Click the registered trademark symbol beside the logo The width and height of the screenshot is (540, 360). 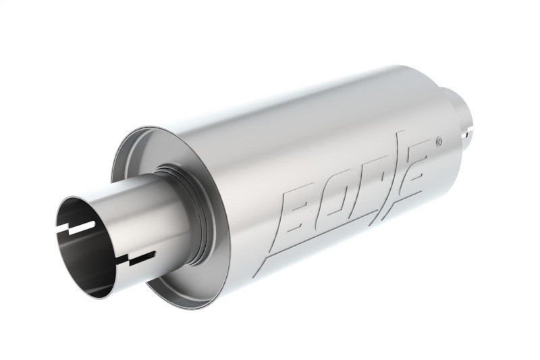(x=439, y=141)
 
